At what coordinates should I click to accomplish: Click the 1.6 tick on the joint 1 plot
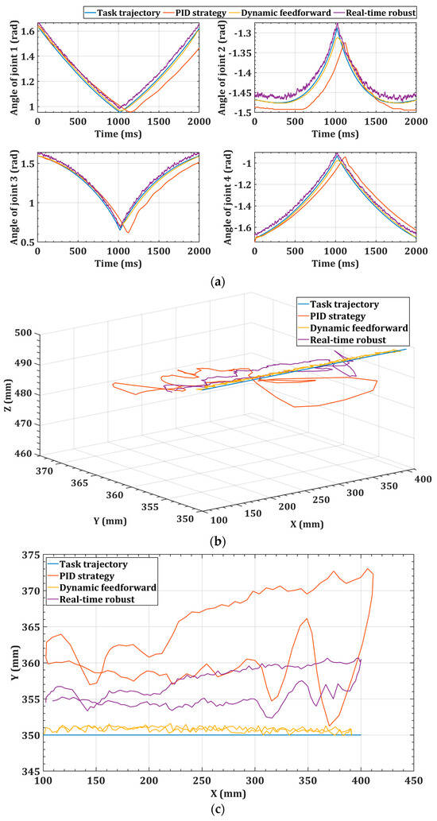26,33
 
